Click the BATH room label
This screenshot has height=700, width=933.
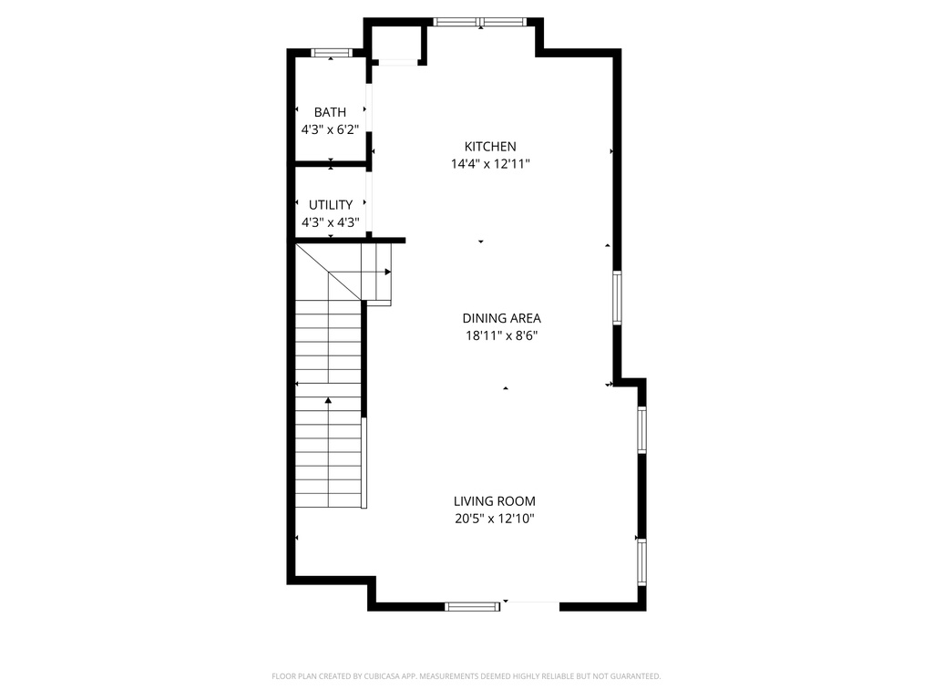click(330, 112)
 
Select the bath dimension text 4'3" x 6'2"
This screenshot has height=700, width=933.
click(330, 129)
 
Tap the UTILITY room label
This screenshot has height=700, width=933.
click(330, 205)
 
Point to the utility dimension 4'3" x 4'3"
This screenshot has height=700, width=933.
click(330, 221)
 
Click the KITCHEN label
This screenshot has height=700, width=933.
click(490, 146)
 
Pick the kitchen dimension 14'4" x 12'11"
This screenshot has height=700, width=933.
click(490, 164)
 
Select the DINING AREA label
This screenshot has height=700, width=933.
click(501, 318)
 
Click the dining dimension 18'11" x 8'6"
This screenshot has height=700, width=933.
click(501, 335)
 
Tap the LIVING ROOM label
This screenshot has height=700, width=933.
click(495, 501)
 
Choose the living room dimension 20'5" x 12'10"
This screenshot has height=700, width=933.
click(495, 519)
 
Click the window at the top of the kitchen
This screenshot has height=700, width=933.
click(480, 22)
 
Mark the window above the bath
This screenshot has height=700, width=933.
click(333, 53)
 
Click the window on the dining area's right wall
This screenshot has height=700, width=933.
click(617, 298)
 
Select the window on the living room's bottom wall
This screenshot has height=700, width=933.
click(472, 605)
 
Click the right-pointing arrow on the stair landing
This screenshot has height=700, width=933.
click(387, 272)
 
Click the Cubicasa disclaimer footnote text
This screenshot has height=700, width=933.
click(466, 676)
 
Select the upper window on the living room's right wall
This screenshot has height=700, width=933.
click(641, 430)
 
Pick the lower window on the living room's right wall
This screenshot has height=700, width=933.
click(641, 561)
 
